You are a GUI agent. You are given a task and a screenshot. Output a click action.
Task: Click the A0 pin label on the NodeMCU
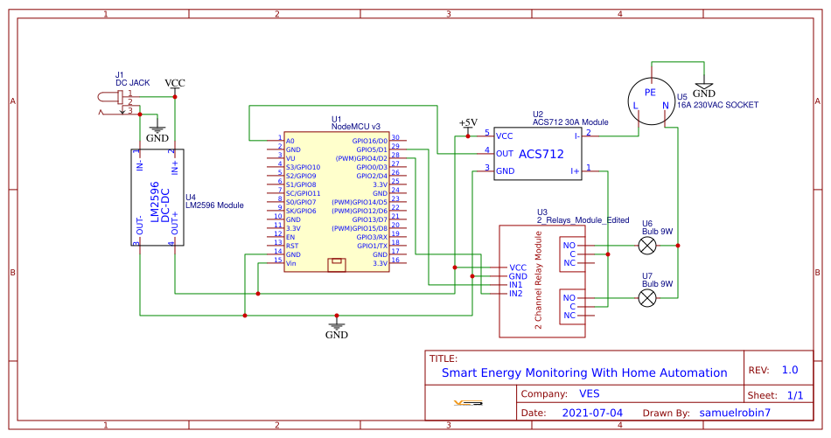[290, 140]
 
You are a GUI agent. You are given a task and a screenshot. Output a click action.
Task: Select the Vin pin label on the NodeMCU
[291, 262]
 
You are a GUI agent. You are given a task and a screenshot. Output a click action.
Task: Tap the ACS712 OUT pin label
[505, 153]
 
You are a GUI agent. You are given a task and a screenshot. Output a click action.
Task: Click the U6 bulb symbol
[646, 247]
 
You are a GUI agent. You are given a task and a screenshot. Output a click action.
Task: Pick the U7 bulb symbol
[646, 299]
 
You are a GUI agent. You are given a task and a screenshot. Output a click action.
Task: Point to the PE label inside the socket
[650, 92]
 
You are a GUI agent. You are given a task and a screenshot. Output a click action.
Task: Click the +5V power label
[468, 122]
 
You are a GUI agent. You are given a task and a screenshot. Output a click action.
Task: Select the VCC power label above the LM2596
[175, 83]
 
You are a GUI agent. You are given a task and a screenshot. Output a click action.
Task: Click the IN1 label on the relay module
[516, 285]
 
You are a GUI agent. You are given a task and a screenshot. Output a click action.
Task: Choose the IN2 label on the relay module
[516, 294]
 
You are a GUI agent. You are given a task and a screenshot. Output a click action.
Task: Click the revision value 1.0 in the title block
[790, 370]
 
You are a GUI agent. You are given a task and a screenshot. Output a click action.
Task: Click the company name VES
[589, 393]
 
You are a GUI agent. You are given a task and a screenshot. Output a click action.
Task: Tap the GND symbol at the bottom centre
[337, 330]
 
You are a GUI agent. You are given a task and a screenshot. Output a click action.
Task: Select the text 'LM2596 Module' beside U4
[214, 205]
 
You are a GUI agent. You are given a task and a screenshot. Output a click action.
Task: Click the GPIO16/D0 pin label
[370, 140]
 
